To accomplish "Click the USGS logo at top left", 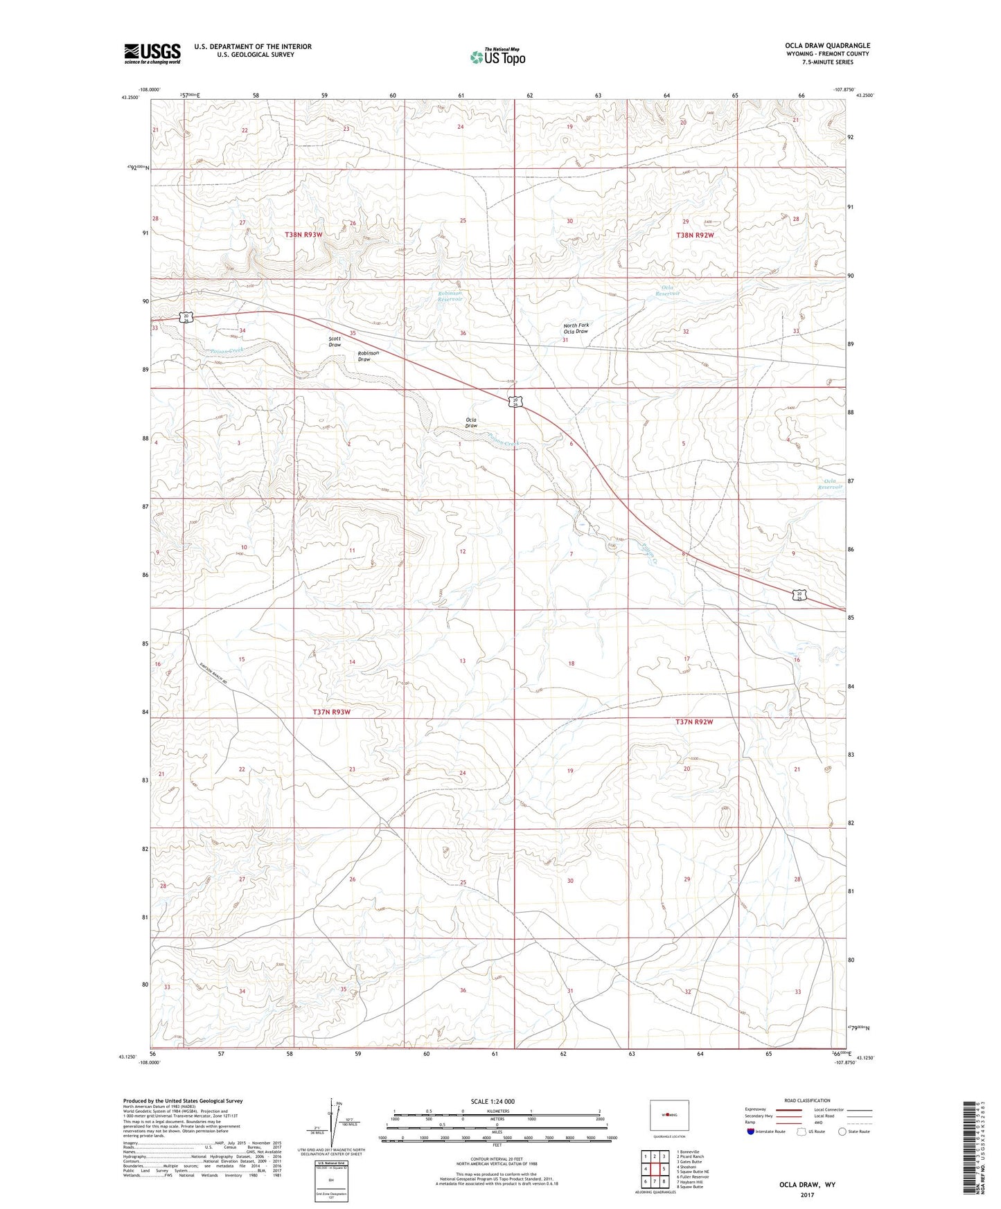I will coord(152,53).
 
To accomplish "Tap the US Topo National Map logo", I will coord(497,57).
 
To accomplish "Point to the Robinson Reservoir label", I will coord(450,296).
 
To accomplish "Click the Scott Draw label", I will coord(335,342).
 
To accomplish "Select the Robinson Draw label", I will coord(368,357).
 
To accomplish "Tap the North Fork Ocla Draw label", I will coord(576,328).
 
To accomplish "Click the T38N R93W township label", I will coord(303,235).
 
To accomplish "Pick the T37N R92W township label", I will coord(694,722).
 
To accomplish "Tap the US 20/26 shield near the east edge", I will coord(799,595).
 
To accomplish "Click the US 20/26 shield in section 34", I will coord(187,316).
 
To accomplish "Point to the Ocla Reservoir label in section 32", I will coord(668,291).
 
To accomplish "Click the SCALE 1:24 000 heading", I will coord(493,1102).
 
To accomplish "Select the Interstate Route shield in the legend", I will coord(750,1131).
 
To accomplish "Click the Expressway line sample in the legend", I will coord(789,1109).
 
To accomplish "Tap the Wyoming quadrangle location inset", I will coord(669,1115).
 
